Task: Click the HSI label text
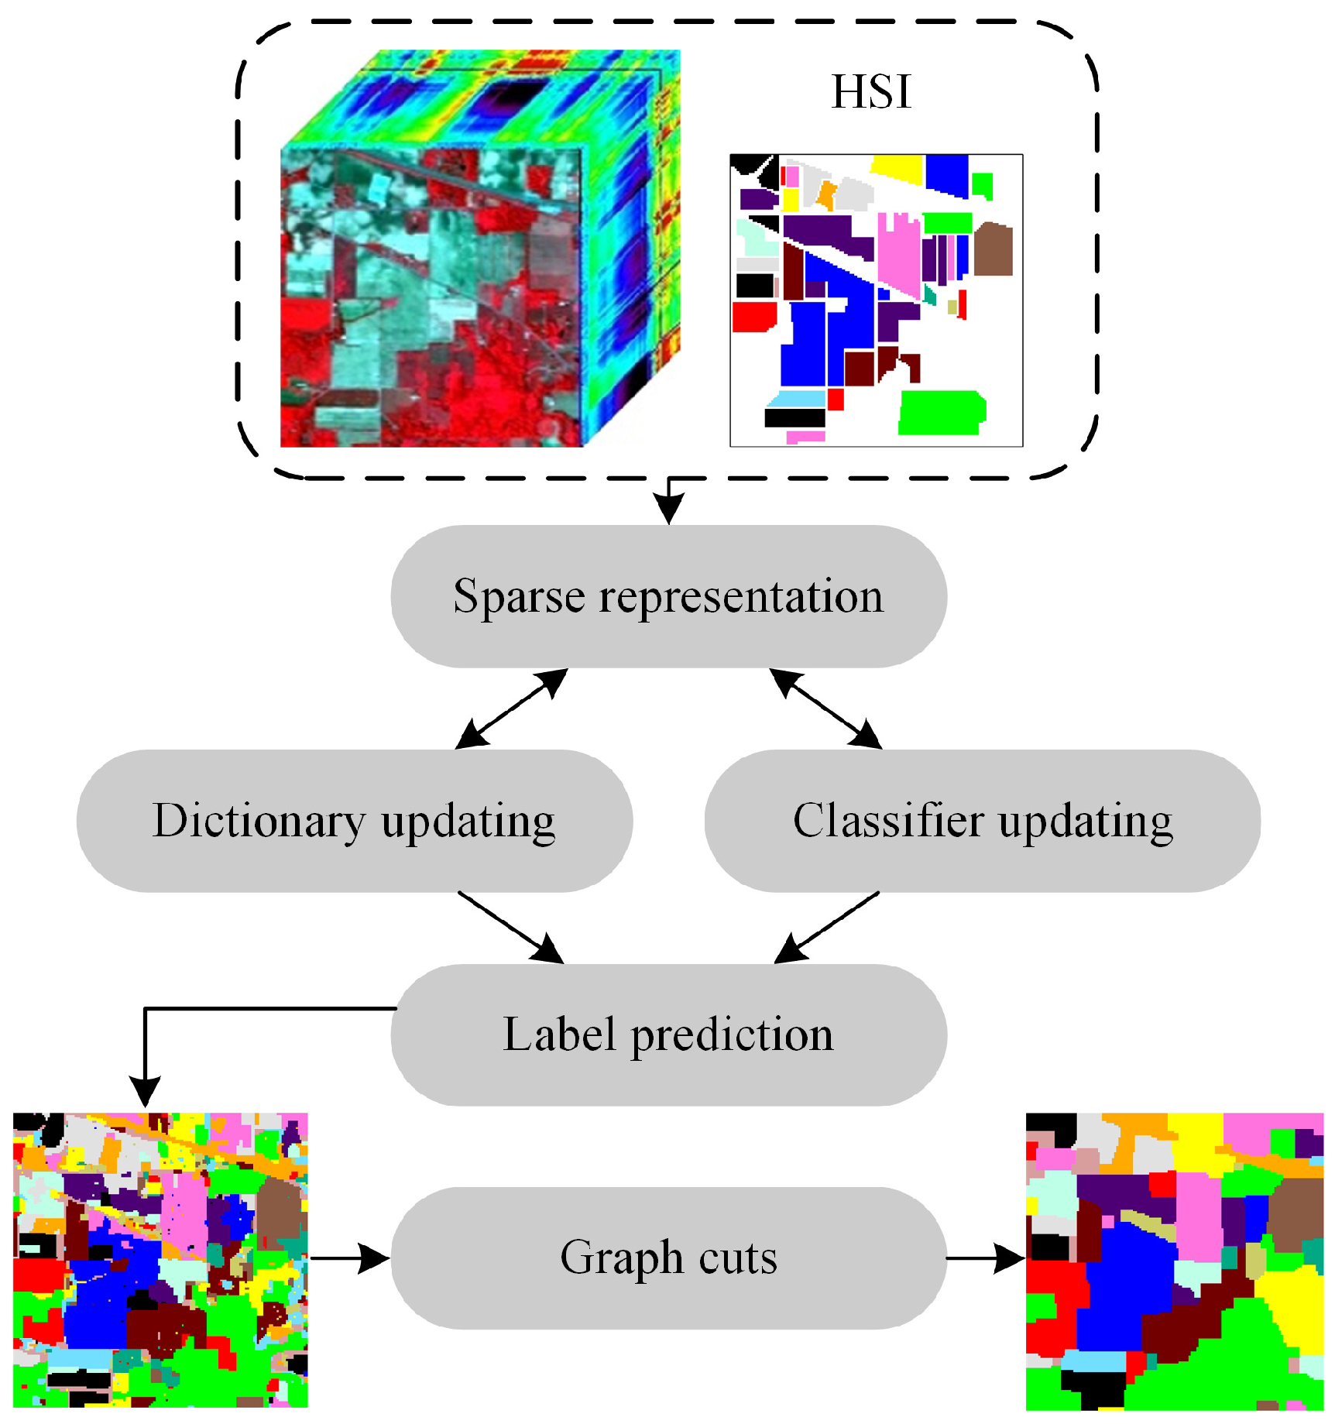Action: (871, 92)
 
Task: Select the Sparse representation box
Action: (668, 596)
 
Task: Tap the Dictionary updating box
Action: (354, 821)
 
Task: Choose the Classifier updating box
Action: (982, 821)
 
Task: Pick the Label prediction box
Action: (668, 1035)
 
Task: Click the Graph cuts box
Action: (668, 1258)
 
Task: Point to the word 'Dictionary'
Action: (259, 821)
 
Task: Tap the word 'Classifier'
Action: (890, 821)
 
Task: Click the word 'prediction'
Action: (732, 1036)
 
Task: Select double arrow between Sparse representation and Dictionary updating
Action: (512, 709)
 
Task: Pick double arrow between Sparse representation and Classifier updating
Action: (825, 709)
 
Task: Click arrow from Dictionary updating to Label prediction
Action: (510, 928)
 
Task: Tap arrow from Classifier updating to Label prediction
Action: (827, 928)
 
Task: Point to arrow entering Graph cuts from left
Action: (350, 1258)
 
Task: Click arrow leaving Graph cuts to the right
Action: (986, 1258)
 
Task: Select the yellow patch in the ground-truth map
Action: (897, 168)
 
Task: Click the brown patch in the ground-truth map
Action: (993, 249)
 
